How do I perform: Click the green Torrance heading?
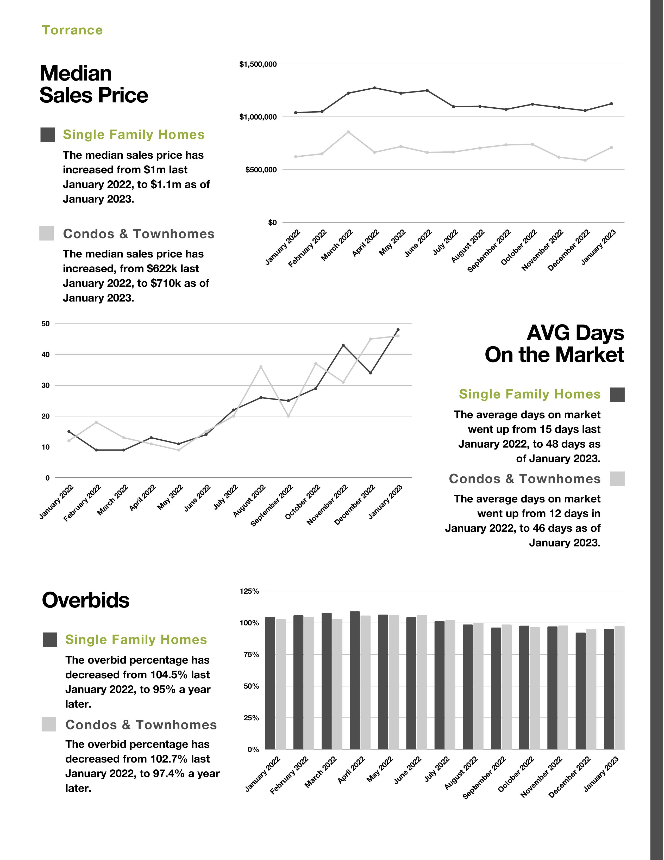pos(72,30)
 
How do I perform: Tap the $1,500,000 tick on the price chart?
pos(258,64)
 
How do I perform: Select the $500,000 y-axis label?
pos(261,170)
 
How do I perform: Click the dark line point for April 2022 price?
pos(374,88)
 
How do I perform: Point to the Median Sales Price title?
pos(94,84)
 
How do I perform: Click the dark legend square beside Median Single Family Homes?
pos(48,135)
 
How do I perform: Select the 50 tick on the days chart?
pos(46,324)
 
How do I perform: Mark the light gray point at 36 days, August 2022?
pos(261,367)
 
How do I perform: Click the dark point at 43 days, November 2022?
pos(343,345)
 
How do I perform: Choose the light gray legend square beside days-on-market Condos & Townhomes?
pos(617,478)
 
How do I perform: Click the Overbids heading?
pos(86,600)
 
